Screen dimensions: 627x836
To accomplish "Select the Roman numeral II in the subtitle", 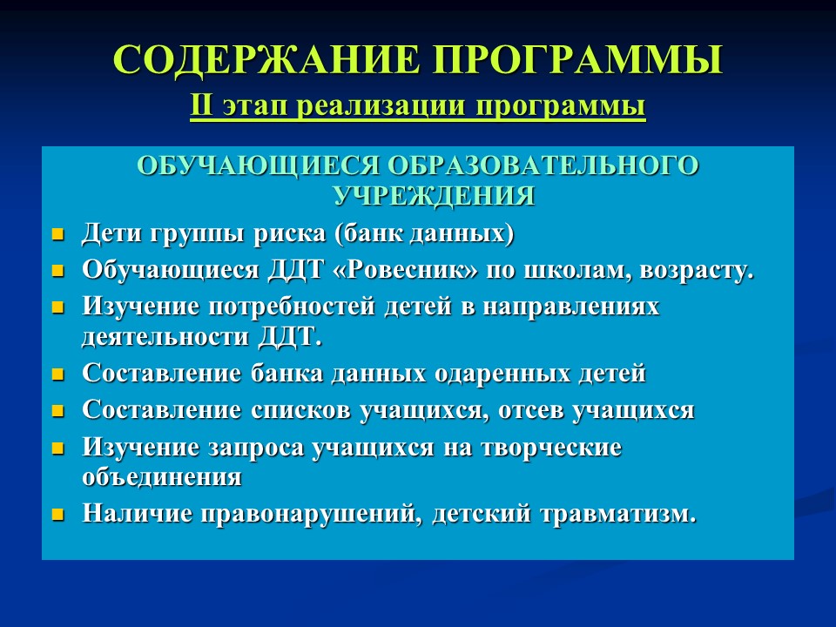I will point(201,107).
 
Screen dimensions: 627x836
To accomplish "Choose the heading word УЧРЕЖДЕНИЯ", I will point(434,195).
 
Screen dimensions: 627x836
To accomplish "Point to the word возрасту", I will point(698,270).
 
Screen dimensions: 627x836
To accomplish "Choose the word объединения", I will point(162,477).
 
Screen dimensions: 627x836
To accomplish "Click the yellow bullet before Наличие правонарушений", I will point(58,514).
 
